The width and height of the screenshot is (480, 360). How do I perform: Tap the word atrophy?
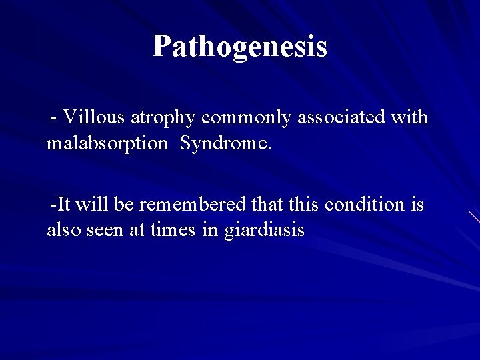[x=163, y=119]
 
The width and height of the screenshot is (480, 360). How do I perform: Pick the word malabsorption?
[x=107, y=144]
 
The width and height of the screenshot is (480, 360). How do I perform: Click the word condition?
[x=364, y=204]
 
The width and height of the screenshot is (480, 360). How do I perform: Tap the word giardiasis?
[x=265, y=231]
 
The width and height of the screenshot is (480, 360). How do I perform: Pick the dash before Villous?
[x=54, y=119]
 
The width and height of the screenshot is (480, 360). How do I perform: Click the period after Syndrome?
[x=270, y=148]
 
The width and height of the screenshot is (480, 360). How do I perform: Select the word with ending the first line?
[x=409, y=117]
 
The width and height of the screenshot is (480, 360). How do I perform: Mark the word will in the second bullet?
[x=99, y=204]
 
